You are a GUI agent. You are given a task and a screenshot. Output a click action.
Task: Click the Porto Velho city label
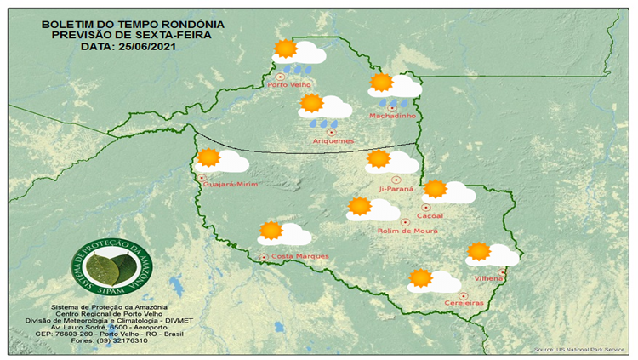coord(289,85)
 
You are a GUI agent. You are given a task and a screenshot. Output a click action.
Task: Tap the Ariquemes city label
coord(333,140)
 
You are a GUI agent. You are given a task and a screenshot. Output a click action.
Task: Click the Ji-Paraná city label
coord(396,188)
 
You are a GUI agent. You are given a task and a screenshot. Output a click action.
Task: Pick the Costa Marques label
coord(299,256)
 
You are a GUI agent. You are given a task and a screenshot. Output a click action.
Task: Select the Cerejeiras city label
coord(464,303)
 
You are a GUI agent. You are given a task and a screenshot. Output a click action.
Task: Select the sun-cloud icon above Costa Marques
coord(284,232)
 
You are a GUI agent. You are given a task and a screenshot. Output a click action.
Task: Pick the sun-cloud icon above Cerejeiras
coord(434,280)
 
